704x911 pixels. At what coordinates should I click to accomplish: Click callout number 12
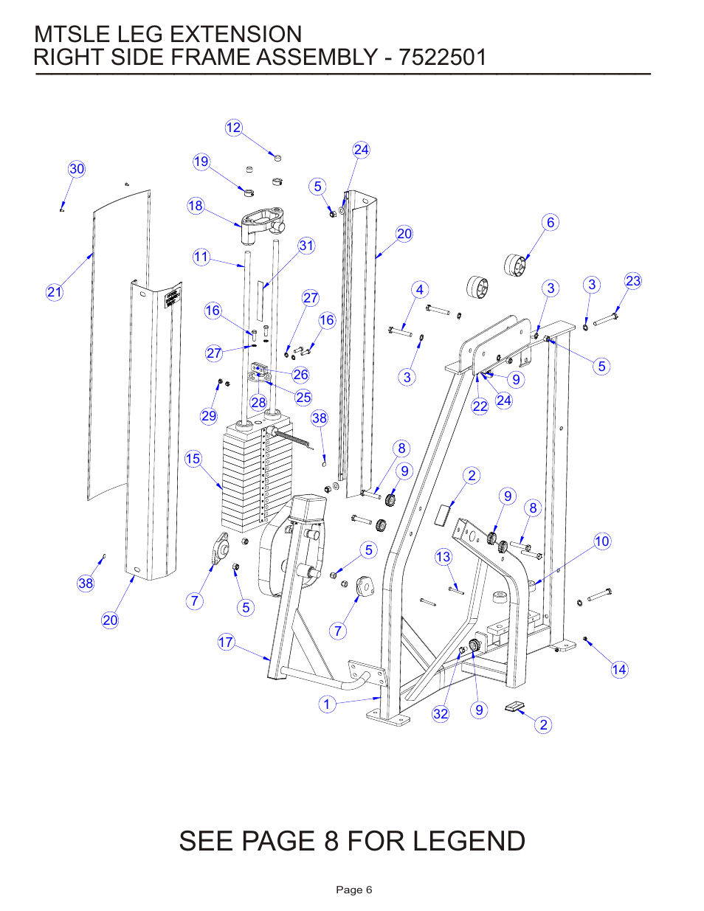[233, 128]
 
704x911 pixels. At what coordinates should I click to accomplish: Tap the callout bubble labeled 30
[77, 169]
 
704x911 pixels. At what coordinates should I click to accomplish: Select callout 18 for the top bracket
[196, 206]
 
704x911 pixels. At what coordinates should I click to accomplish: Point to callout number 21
[55, 292]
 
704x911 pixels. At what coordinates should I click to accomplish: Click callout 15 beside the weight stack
[193, 459]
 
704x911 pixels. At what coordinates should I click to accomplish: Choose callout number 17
[226, 642]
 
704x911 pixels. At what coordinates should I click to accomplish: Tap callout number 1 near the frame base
[327, 704]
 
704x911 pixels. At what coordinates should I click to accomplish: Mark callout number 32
[441, 713]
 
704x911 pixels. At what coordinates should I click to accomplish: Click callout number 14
[619, 670]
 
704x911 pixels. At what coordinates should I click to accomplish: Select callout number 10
[602, 541]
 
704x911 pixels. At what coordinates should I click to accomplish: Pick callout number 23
[633, 281]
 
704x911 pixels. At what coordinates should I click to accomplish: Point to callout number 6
[550, 223]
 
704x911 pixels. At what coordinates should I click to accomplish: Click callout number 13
[443, 557]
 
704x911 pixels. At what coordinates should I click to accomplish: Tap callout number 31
[306, 246]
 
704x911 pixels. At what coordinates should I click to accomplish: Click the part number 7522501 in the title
[443, 58]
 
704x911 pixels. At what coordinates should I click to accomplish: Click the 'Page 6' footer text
[353, 890]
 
